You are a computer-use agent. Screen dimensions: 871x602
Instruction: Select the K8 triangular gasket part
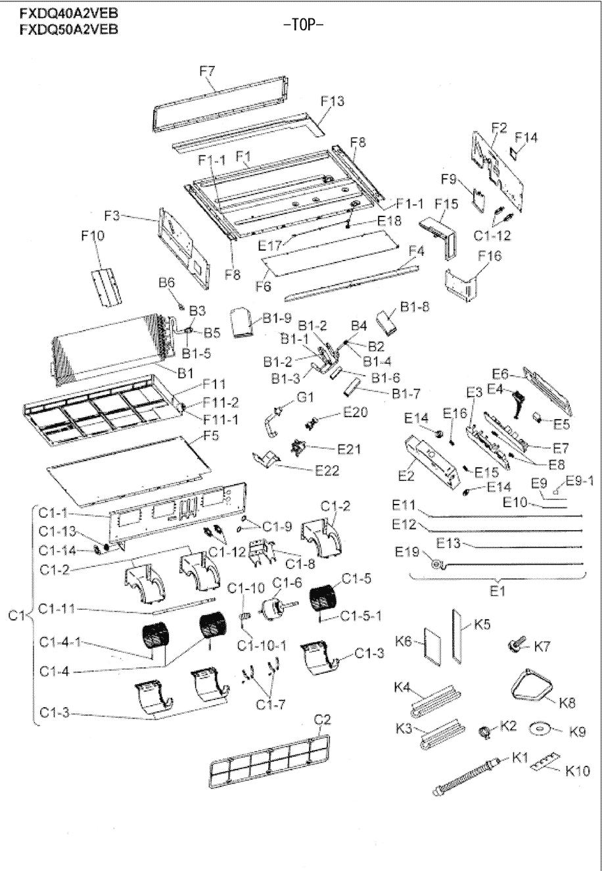531,687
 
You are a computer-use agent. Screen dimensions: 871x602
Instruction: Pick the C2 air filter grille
271,759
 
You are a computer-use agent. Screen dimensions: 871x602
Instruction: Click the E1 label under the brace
497,591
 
